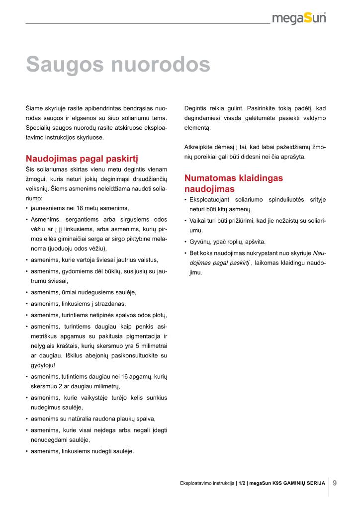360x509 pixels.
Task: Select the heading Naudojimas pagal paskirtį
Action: click(x=82, y=159)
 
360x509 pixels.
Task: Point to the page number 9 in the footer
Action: click(x=335, y=482)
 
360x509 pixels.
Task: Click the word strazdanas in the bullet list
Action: click(x=110, y=303)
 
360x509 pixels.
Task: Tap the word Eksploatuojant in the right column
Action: click(x=208, y=199)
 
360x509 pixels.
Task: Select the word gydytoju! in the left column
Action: click(x=44, y=365)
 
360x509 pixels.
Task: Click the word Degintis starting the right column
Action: click(x=196, y=108)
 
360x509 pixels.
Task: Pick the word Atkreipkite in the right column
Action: click(x=199, y=147)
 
